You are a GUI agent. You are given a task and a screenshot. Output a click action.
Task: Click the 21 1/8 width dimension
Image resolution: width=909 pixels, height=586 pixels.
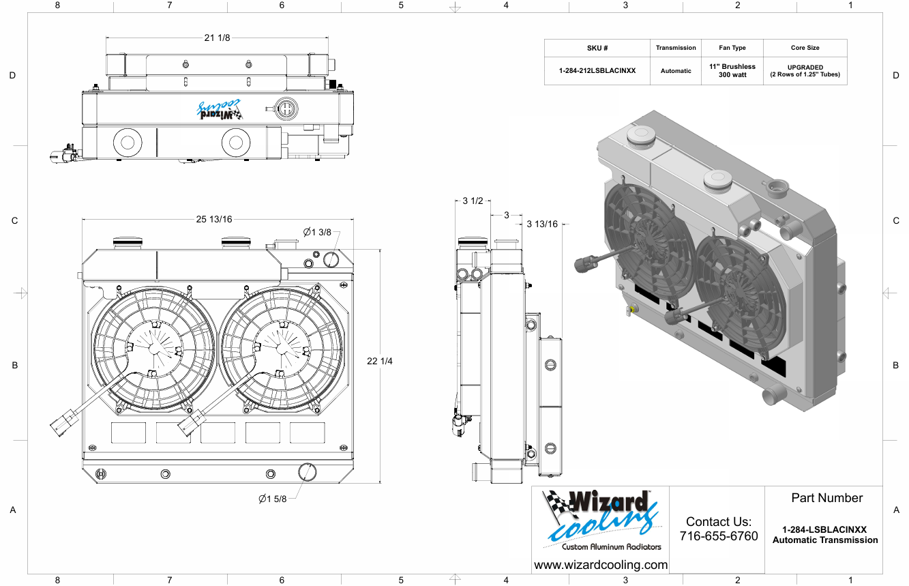(217, 38)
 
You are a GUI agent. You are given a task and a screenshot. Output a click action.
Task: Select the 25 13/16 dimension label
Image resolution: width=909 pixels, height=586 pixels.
(214, 219)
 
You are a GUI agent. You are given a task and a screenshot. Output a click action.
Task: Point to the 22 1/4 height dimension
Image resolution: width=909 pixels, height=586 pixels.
(380, 361)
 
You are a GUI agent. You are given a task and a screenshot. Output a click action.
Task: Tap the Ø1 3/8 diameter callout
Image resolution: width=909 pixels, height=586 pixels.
(317, 232)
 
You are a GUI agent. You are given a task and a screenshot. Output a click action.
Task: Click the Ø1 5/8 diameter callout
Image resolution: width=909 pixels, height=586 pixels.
(272, 499)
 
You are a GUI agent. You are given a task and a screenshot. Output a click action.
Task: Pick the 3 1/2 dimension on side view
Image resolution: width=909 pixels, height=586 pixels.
(473, 201)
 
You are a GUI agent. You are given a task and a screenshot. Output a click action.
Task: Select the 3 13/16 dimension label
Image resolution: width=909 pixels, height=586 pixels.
(542, 224)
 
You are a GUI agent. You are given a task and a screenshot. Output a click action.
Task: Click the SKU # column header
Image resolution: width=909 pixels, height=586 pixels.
(597, 48)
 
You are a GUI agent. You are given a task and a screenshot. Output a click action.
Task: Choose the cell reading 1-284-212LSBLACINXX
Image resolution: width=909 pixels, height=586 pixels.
(597, 70)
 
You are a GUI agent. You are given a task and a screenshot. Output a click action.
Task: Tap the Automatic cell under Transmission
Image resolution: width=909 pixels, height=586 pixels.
(675, 70)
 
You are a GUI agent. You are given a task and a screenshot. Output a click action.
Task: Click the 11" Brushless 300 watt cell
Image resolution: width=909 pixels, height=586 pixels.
(732, 70)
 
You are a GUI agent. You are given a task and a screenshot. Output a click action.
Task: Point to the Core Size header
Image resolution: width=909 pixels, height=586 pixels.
(805, 48)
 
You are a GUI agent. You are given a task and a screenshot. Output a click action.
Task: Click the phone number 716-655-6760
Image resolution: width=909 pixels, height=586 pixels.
(719, 536)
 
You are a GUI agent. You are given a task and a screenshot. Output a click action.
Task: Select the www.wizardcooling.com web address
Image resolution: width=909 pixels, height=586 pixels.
(601, 565)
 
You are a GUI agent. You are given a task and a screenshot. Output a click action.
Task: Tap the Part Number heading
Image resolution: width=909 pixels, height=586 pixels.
(826, 498)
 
